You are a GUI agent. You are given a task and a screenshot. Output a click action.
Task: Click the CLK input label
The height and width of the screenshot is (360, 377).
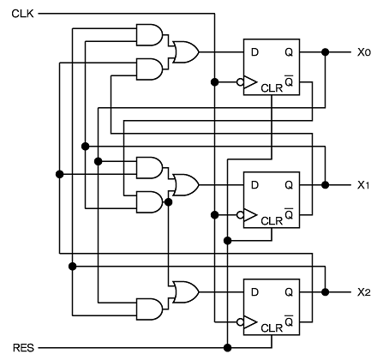pos(22,14)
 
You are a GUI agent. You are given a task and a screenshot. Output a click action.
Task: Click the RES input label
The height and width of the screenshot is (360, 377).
pos(23,348)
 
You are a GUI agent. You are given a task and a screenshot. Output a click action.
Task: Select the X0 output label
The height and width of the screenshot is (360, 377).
pos(364,52)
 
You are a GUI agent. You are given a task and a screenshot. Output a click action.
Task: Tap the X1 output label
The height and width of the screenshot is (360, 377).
pos(363,185)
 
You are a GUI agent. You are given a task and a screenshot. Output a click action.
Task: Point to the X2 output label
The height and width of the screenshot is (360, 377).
pos(364,292)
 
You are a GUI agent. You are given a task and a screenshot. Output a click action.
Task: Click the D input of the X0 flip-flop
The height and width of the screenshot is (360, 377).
pos(254,52)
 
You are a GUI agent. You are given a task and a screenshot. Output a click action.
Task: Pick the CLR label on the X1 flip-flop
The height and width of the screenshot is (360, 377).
pos(272,221)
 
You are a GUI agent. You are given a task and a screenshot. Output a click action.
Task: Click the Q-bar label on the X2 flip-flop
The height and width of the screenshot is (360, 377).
pos(289,321)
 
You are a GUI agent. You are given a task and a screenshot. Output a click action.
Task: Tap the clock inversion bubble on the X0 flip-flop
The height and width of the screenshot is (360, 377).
pos(240,82)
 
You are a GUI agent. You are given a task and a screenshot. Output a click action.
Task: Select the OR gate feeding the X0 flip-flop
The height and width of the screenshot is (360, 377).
pos(186,52)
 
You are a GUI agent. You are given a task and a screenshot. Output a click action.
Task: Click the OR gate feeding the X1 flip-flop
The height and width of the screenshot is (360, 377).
pos(186,185)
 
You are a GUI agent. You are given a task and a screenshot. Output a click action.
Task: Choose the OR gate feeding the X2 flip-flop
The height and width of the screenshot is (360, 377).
pos(186,292)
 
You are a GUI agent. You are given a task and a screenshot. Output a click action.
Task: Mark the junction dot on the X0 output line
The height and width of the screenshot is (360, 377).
pos(325,52)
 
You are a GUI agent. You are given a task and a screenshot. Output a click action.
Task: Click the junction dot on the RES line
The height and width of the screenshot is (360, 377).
pos(227,348)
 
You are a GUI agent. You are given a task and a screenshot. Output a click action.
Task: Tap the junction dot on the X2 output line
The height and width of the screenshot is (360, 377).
pos(325,292)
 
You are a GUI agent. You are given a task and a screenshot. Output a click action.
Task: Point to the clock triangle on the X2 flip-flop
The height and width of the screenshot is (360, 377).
pos(250,322)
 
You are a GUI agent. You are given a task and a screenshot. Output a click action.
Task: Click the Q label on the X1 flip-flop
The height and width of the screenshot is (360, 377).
pos(289,186)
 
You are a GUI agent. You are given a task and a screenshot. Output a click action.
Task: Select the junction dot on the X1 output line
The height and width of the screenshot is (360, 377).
pos(325,185)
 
